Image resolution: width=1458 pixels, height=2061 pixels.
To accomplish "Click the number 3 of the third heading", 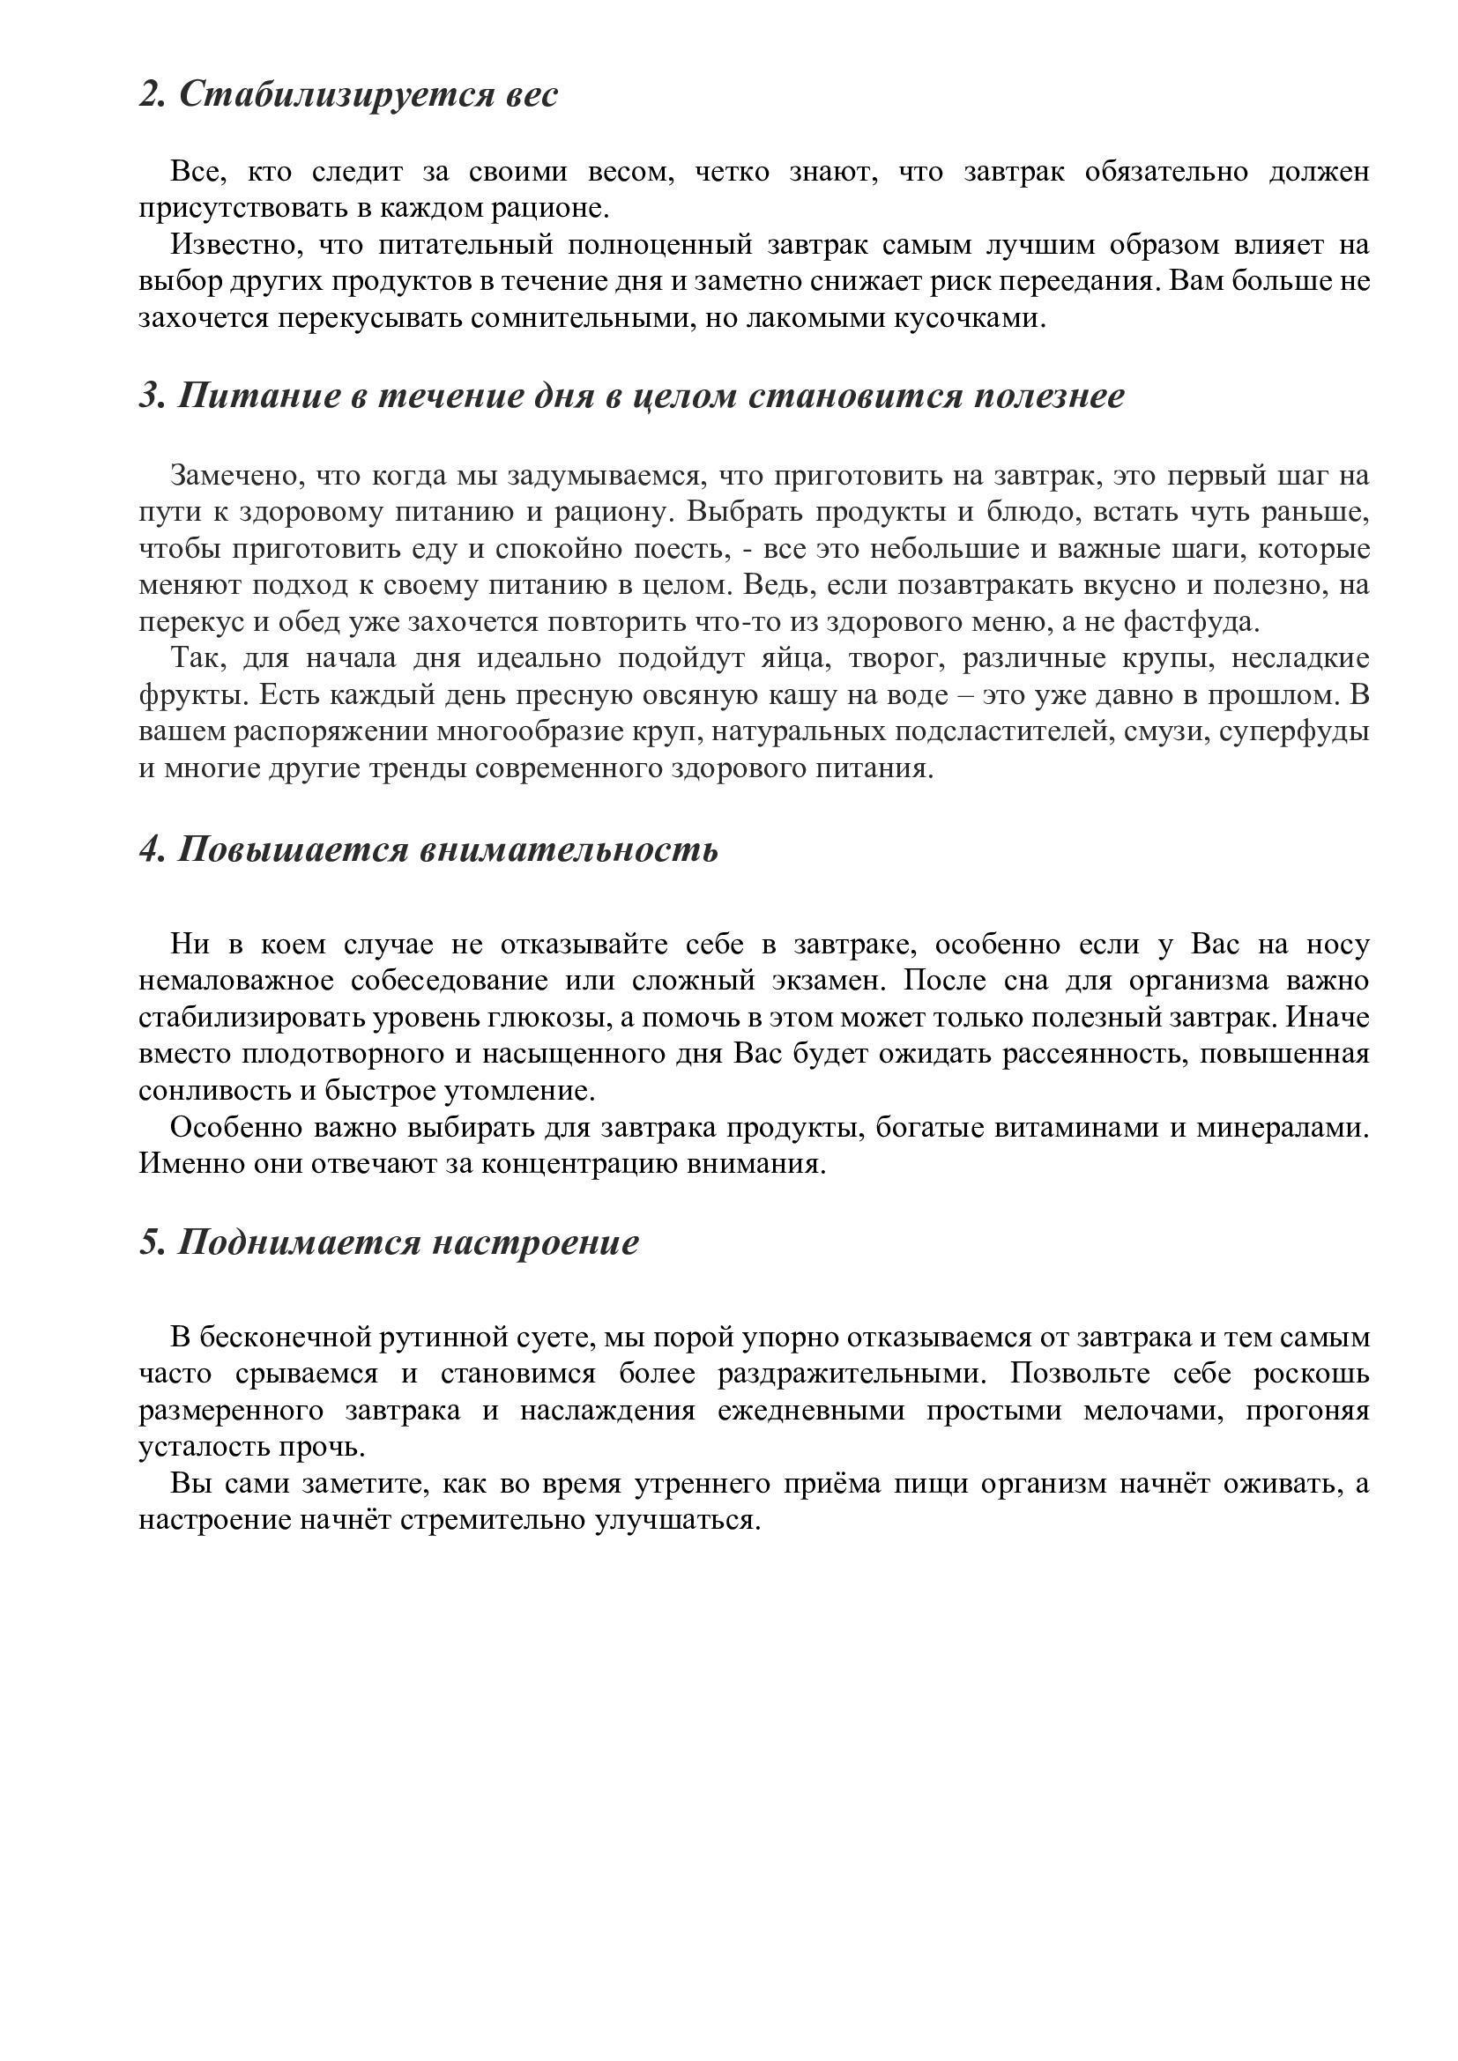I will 148,396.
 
